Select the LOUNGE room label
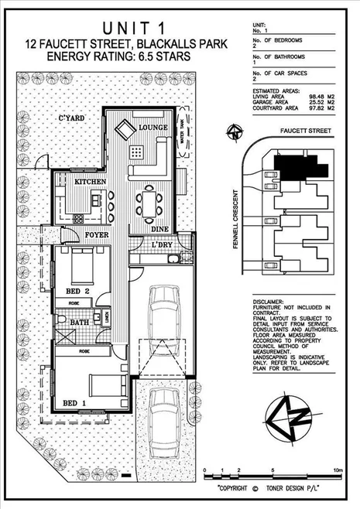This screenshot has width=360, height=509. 153,127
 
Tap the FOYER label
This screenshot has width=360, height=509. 98,230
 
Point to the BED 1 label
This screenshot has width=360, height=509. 74,404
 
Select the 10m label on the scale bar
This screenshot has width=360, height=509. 338,470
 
